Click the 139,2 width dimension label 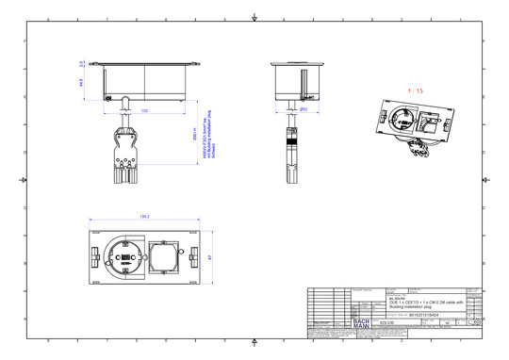click(x=144, y=216)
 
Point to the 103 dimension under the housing click(x=144, y=111)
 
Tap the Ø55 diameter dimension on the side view click(x=304, y=109)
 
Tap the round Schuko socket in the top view click(x=125, y=254)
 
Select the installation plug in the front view click(x=123, y=151)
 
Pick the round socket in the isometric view click(x=402, y=120)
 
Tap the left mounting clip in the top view click(x=96, y=254)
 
